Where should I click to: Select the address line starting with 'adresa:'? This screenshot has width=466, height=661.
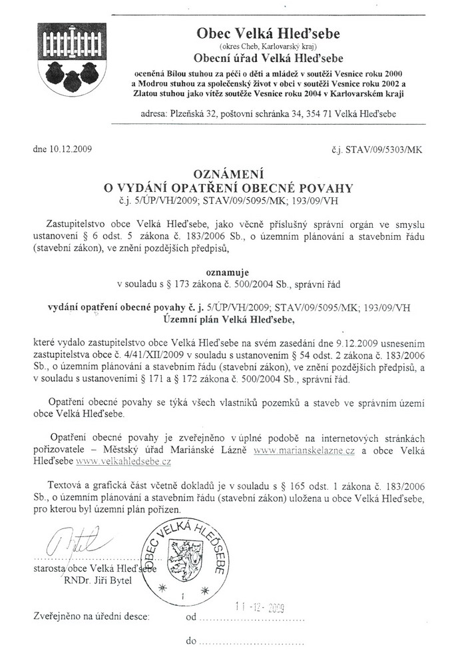tap(268, 114)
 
